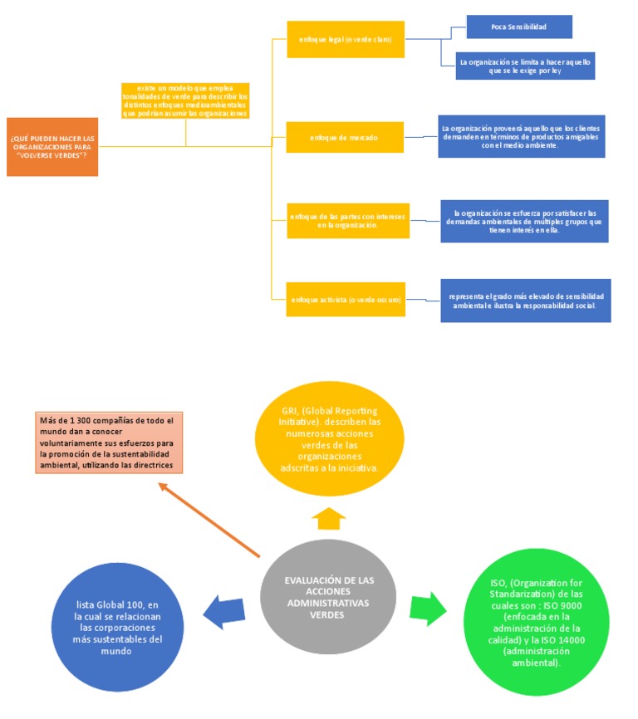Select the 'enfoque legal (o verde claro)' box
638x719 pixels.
(346, 39)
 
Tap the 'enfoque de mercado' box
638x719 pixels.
(346, 137)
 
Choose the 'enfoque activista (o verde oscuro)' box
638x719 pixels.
(346, 299)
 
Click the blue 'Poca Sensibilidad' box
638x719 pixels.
(519, 27)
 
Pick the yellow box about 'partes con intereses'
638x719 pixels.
(348, 220)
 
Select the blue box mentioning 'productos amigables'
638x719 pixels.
(522, 136)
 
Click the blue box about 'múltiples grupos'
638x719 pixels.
(524, 221)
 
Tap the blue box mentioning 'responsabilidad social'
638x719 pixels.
(526, 300)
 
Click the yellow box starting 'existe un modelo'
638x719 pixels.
(185, 101)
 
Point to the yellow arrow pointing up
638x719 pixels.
(328, 520)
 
